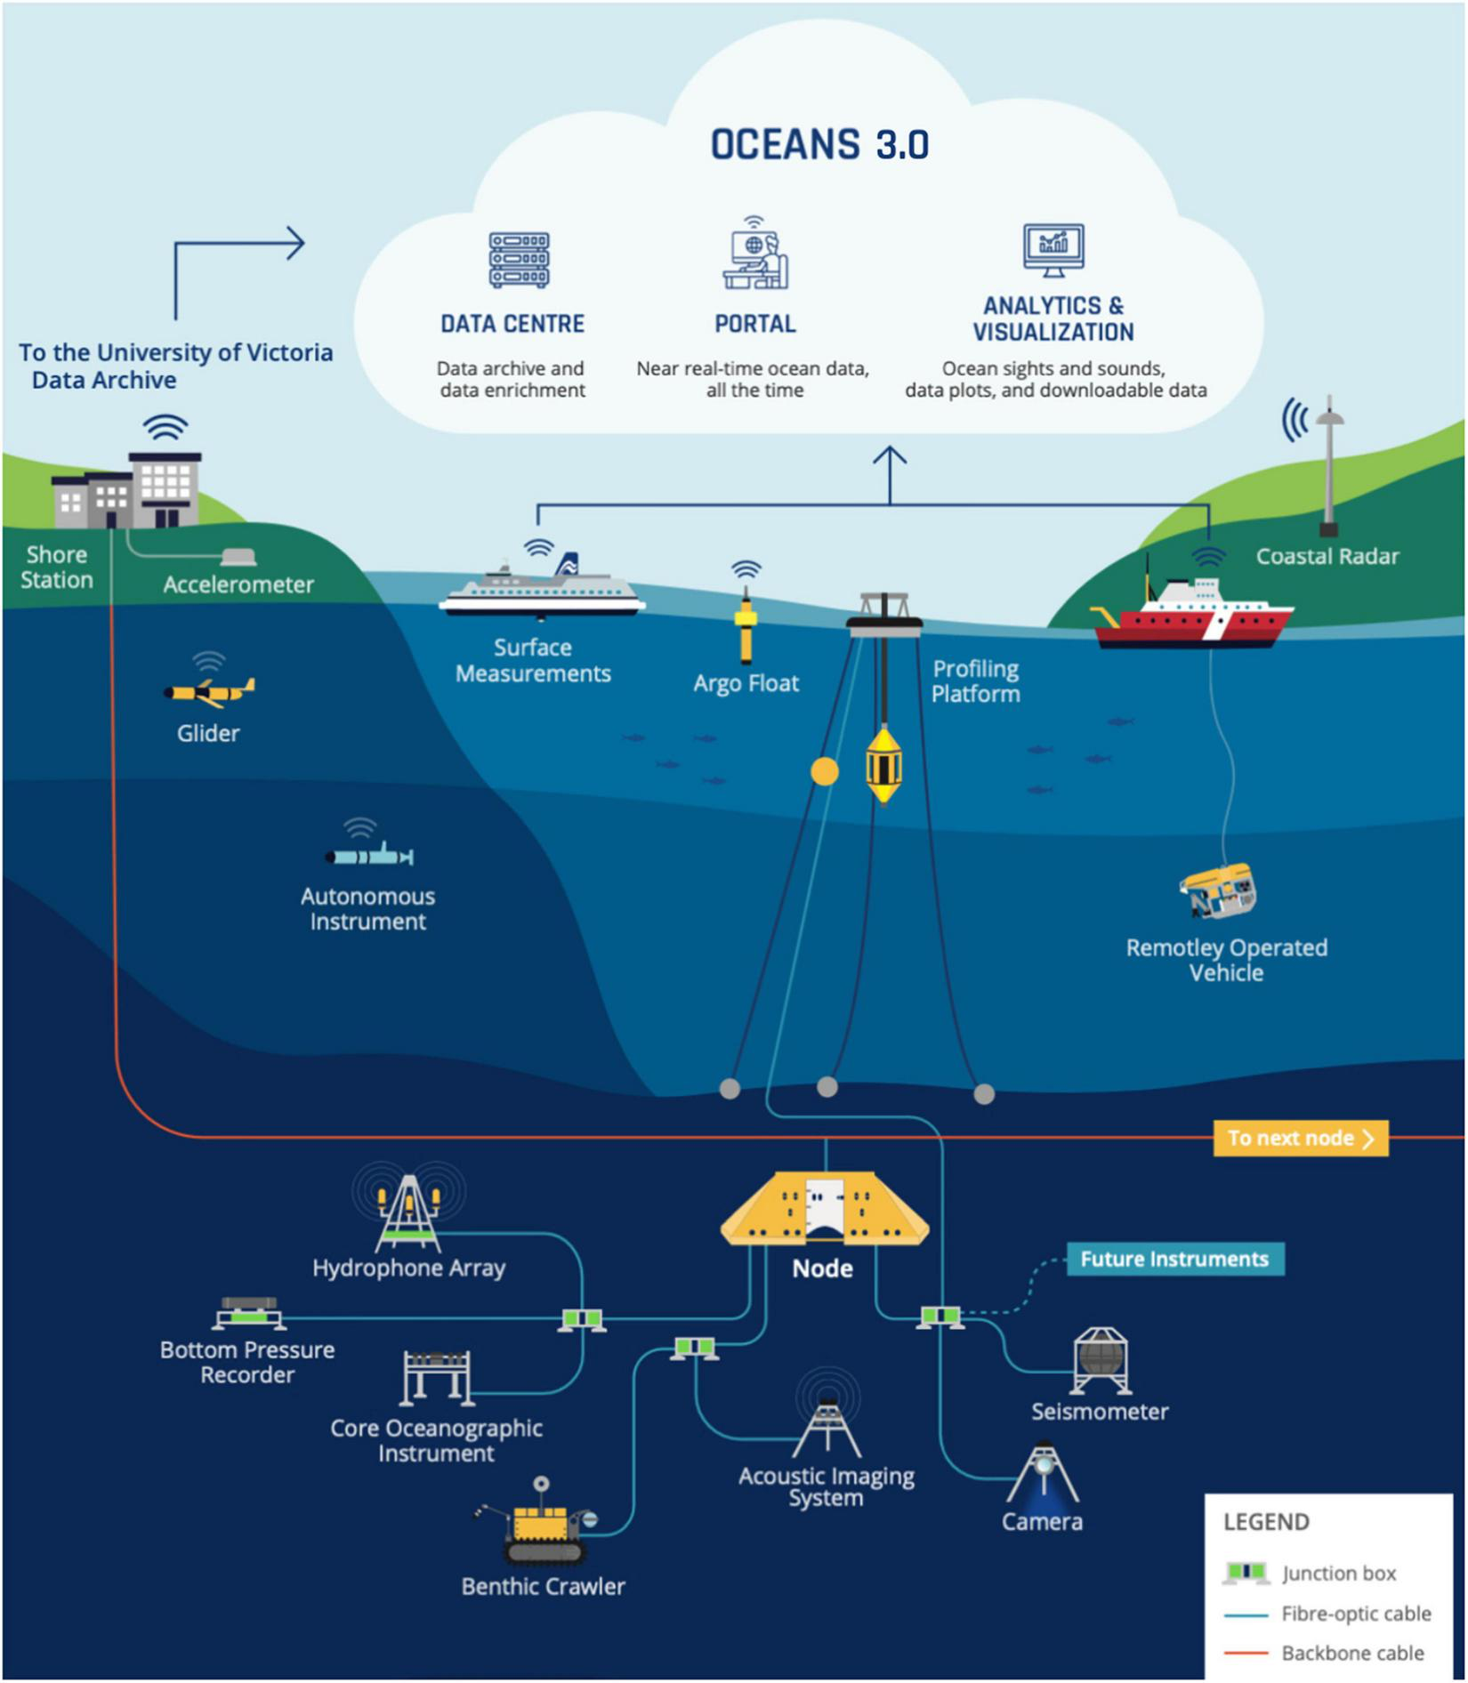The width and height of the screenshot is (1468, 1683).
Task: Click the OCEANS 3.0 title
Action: click(x=819, y=145)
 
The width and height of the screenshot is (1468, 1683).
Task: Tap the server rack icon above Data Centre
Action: click(x=519, y=260)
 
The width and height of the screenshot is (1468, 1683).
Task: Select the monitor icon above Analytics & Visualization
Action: click(x=1053, y=250)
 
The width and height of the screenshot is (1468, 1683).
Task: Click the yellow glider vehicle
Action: click(x=210, y=692)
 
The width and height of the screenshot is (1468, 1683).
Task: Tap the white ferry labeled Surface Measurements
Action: click(x=542, y=592)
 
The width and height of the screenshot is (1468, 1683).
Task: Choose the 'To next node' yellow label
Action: click(x=1300, y=1138)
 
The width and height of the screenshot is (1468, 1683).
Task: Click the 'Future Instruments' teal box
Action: click(x=1174, y=1259)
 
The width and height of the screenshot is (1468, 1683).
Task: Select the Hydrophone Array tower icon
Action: click(x=408, y=1214)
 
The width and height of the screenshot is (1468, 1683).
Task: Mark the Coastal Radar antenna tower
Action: click(x=1328, y=467)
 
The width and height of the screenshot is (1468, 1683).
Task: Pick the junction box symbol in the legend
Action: click(x=1246, y=1573)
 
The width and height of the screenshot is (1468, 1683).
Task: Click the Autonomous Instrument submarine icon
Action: click(x=369, y=857)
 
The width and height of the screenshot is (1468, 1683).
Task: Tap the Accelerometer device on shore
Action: click(x=238, y=558)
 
